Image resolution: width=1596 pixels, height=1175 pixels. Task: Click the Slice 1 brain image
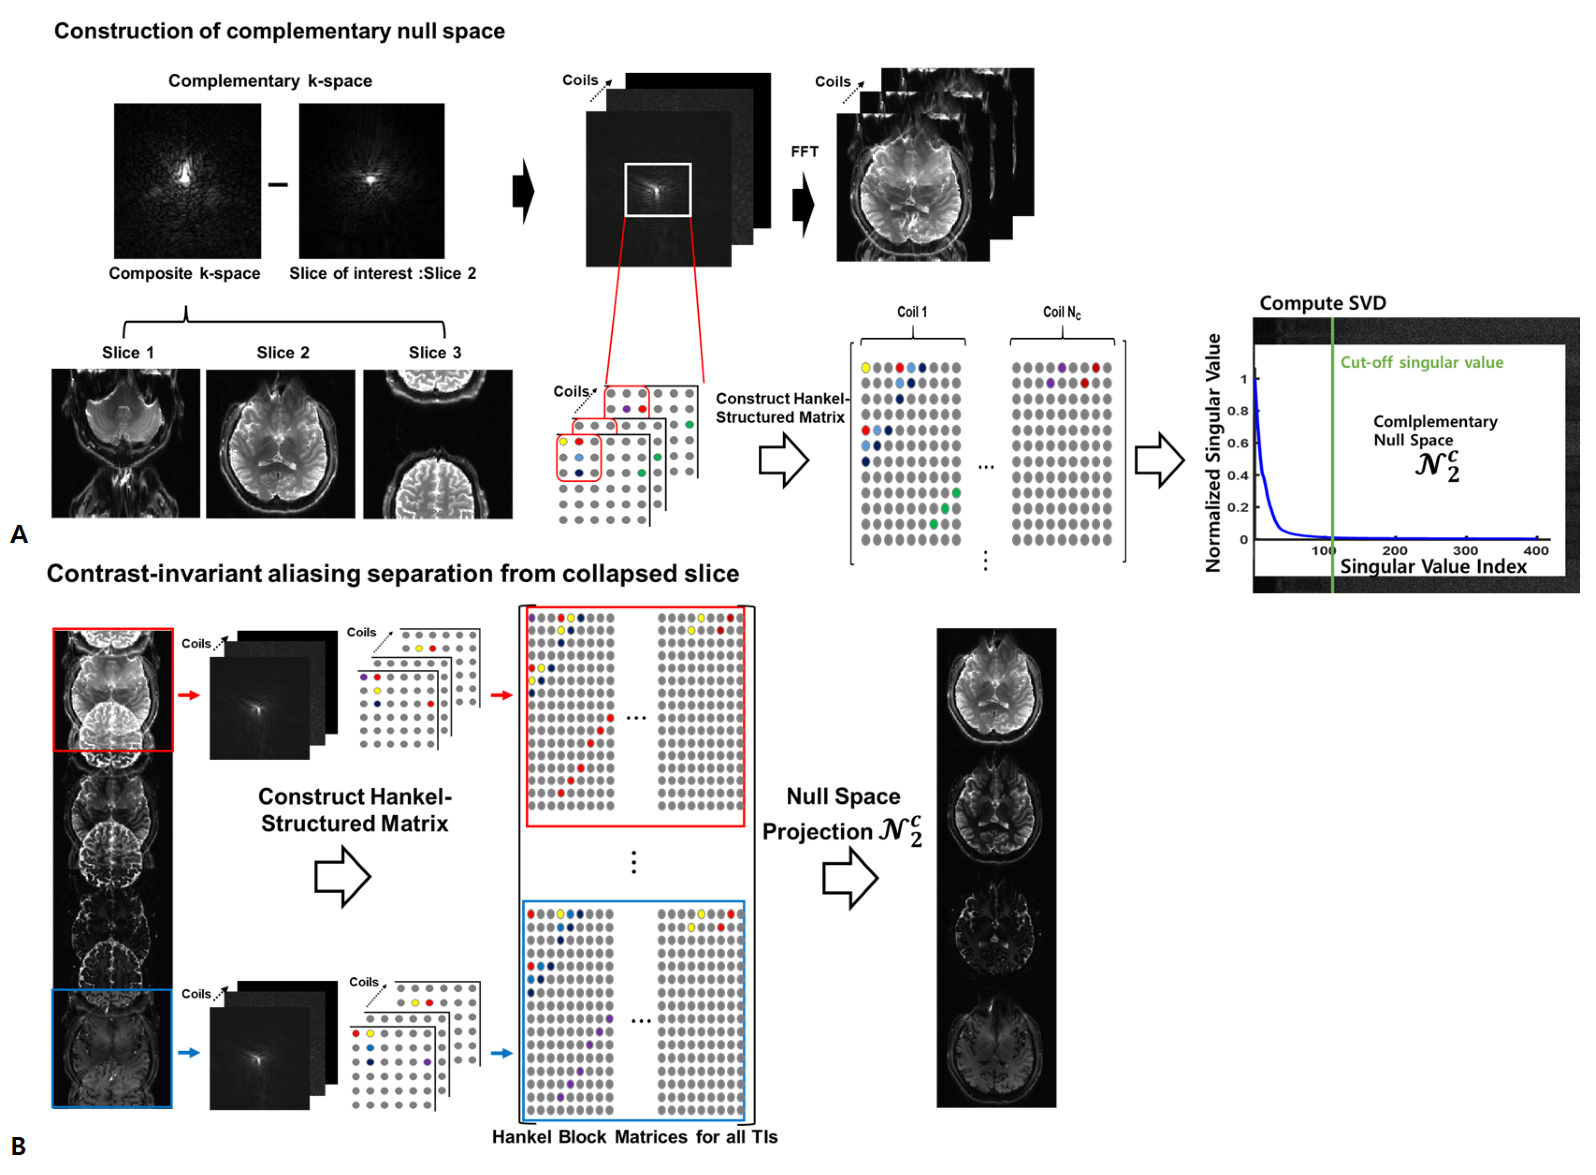125,442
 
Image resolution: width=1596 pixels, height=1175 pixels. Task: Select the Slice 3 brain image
437,444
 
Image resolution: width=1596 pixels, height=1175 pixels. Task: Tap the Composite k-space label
184,274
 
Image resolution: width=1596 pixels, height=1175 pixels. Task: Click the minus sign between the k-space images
278,185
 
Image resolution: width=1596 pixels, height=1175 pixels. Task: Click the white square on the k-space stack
657,190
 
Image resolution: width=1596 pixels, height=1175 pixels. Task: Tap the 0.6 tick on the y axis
1238,443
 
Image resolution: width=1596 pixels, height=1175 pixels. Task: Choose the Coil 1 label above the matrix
912,312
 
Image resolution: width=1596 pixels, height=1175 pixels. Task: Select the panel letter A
19,534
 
